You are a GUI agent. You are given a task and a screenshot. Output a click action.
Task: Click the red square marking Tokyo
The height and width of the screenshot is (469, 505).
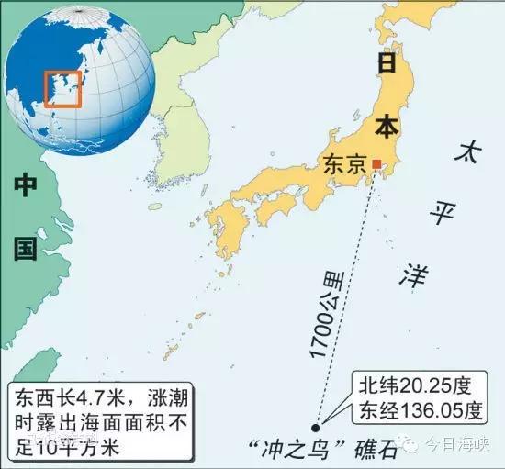coord(376,164)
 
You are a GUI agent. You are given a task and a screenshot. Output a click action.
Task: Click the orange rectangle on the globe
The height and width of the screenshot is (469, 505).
coord(63,89)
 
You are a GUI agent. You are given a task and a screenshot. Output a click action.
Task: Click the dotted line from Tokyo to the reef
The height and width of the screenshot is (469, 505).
coord(347,294)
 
